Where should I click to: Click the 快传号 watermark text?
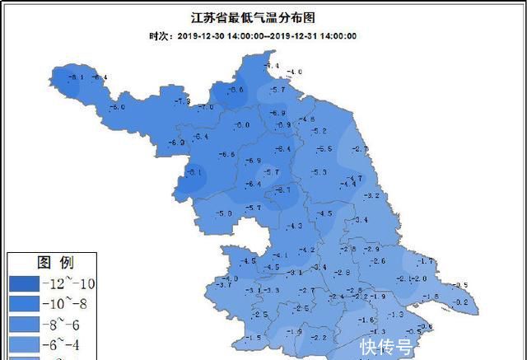tap(385, 347)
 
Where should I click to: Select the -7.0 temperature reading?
tap(206, 106)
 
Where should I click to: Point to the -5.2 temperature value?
tap(319, 131)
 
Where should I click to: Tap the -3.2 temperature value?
tap(371, 195)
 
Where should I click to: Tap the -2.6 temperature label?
tap(378, 261)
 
